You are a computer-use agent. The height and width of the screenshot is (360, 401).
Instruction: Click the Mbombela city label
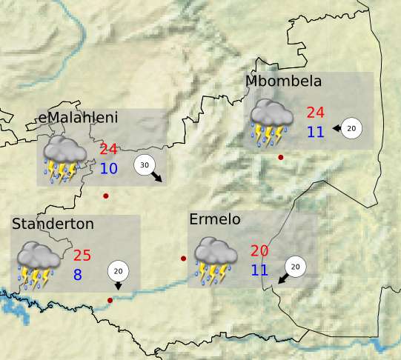[283, 81]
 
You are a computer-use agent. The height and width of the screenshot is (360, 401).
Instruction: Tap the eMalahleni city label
[78, 118]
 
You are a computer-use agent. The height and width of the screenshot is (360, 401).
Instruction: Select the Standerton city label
[53, 223]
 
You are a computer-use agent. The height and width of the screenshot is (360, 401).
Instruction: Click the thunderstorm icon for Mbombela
[271, 123]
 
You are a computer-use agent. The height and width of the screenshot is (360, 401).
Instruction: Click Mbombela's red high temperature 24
[316, 113]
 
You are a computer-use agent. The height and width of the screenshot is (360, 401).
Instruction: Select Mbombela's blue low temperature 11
[316, 132]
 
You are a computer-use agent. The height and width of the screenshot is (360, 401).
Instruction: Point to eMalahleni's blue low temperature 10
[109, 168]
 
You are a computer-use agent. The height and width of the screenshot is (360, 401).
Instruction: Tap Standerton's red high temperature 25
[82, 256]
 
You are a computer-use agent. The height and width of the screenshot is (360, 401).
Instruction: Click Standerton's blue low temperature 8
[77, 275]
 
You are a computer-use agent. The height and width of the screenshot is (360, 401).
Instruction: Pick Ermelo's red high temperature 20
[259, 250]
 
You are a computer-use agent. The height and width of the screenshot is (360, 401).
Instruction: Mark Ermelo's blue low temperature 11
[259, 270]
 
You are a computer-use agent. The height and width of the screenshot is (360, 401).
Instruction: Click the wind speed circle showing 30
[145, 165]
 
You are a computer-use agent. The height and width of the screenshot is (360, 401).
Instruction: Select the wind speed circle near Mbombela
[351, 128]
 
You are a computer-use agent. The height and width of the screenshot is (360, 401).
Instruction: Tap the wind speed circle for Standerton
[118, 271]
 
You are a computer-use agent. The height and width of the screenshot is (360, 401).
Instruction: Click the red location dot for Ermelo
[184, 259]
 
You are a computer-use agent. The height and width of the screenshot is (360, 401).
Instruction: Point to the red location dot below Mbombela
[280, 157]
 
